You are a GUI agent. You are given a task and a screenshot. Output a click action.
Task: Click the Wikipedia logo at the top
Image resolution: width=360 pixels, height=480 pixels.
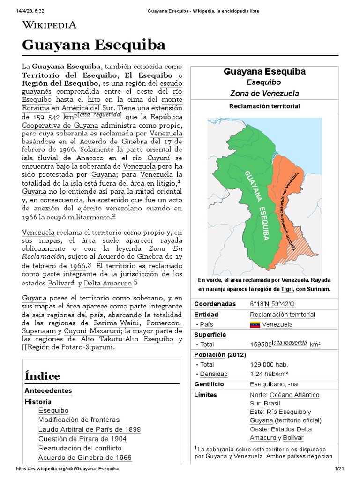(x=49, y=25)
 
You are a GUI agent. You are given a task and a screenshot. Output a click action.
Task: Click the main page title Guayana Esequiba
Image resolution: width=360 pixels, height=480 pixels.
(x=94, y=45)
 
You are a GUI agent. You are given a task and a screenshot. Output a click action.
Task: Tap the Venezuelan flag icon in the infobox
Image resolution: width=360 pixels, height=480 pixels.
(x=255, y=324)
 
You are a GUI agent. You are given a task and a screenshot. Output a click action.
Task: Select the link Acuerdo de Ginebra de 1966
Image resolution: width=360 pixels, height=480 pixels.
(x=85, y=457)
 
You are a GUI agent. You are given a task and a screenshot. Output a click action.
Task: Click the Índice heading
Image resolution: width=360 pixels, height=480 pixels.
(x=42, y=376)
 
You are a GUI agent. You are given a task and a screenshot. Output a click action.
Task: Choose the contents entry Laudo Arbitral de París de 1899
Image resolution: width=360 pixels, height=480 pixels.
(x=89, y=429)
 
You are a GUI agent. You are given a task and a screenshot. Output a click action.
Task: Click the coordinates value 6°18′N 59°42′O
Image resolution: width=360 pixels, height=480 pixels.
(x=273, y=304)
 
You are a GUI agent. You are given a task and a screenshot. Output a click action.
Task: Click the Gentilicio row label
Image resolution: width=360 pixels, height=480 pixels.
(x=209, y=384)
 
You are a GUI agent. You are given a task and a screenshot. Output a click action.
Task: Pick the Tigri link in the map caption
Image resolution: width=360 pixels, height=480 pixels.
(x=287, y=289)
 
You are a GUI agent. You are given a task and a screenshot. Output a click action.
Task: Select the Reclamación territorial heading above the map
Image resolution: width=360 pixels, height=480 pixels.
(x=264, y=106)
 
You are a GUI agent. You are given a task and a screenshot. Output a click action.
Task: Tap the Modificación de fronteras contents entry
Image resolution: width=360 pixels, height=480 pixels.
(x=79, y=420)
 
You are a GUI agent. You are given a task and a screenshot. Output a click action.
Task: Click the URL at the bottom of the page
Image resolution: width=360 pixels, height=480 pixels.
(x=67, y=469)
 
